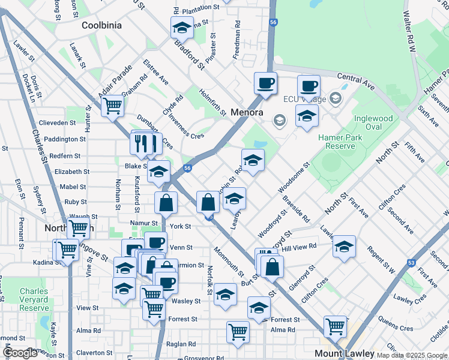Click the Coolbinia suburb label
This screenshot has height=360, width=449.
point(101,25)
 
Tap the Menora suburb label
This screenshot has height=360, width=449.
point(247,112)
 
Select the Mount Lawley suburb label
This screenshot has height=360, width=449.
point(344,353)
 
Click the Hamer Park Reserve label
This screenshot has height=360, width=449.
point(337,142)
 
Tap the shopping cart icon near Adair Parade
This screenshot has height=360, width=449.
point(112,106)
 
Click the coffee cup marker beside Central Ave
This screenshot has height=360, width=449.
point(309,85)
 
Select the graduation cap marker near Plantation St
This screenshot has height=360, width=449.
point(182,27)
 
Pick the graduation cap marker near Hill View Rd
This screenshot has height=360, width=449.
point(344,246)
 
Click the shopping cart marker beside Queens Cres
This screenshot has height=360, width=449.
point(335,326)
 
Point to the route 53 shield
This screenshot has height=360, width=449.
point(411,262)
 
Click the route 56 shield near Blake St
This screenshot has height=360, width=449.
point(187,169)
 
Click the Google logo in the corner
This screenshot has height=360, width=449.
point(20,353)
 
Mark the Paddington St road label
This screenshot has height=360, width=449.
point(65,139)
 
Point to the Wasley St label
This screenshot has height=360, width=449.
point(185,301)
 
